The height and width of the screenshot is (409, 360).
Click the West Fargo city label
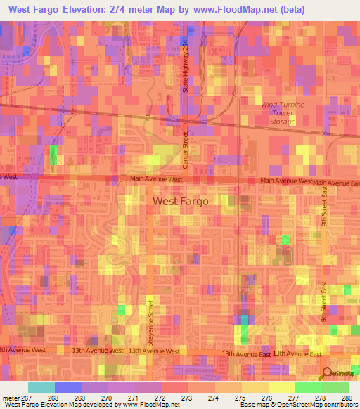[181, 201]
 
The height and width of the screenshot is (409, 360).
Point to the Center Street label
[186, 150]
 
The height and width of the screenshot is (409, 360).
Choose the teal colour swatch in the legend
[41, 387]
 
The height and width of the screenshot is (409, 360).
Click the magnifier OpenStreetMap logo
[328, 374]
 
